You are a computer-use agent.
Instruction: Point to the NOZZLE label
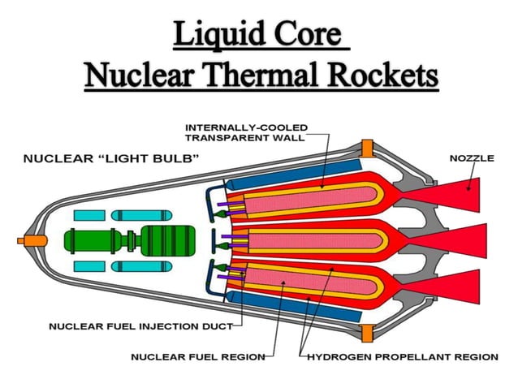pos(471,157)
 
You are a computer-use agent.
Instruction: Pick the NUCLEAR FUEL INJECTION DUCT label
pos(140,326)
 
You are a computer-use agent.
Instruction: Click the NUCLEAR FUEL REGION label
pos(197,356)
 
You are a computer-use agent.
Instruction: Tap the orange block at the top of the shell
pos(367,148)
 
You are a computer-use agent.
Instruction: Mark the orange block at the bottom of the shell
pos(367,333)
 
